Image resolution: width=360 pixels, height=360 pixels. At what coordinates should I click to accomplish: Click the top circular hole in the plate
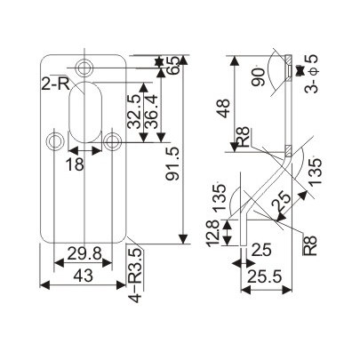tap(85, 68)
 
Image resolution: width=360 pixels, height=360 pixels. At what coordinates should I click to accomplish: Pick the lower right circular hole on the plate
tap(113, 140)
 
